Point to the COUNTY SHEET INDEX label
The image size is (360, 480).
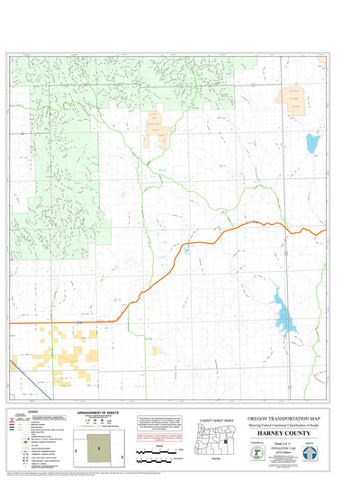click(x=217, y=421)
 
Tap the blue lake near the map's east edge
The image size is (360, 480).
click(x=311, y=142)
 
